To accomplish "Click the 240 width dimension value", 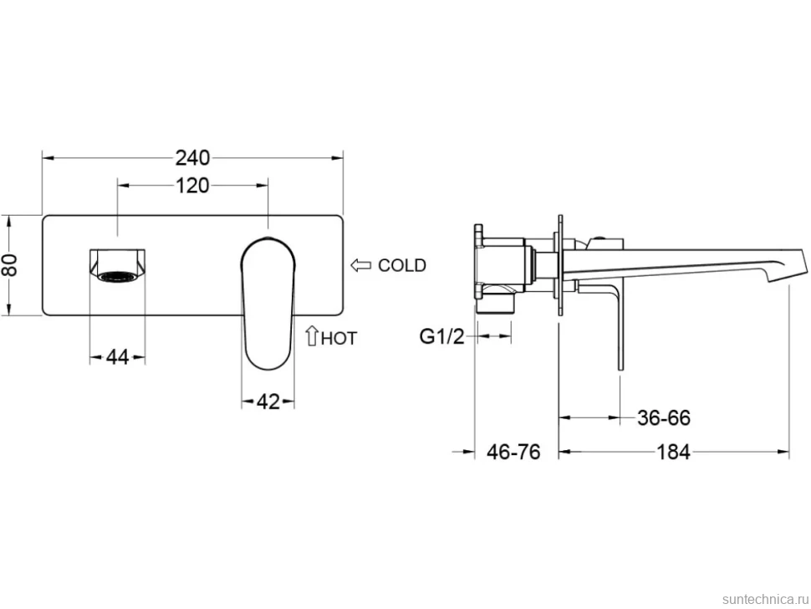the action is (x=192, y=158).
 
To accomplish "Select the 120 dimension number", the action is (x=192, y=186).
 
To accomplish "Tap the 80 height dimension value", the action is (x=10, y=265).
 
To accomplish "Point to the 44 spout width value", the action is (x=117, y=357).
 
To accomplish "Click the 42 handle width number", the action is (x=268, y=402).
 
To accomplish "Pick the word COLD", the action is (x=402, y=265).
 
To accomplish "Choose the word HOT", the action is (x=339, y=339).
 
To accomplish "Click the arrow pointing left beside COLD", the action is (x=361, y=265).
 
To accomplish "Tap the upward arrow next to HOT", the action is (x=311, y=335).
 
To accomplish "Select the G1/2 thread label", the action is (x=441, y=337).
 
